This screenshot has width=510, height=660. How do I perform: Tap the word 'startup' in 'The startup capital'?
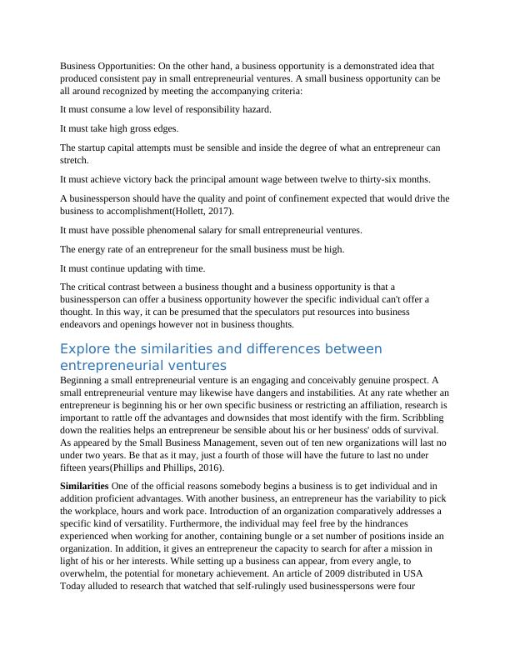96,147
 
